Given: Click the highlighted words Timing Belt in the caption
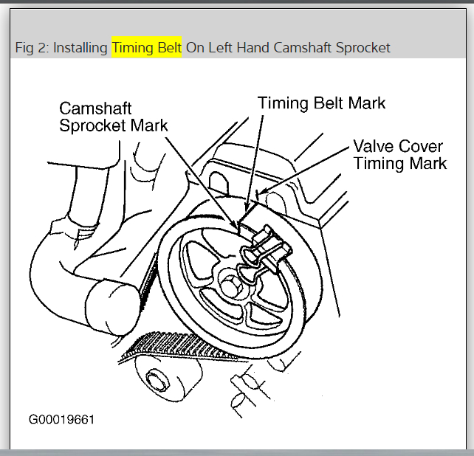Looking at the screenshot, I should click(x=147, y=48).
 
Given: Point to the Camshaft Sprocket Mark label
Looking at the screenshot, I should click(x=114, y=117).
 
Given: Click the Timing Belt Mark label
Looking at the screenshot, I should click(x=321, y=103).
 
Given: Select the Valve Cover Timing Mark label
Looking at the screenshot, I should click(x=399, y=153).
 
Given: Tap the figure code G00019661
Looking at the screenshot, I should click(x=61, y=420).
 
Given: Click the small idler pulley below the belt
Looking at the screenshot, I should click(x=157, y=381).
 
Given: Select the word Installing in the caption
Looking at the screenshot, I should click(x=80, y=48).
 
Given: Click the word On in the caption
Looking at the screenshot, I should click(x=195, y=48).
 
